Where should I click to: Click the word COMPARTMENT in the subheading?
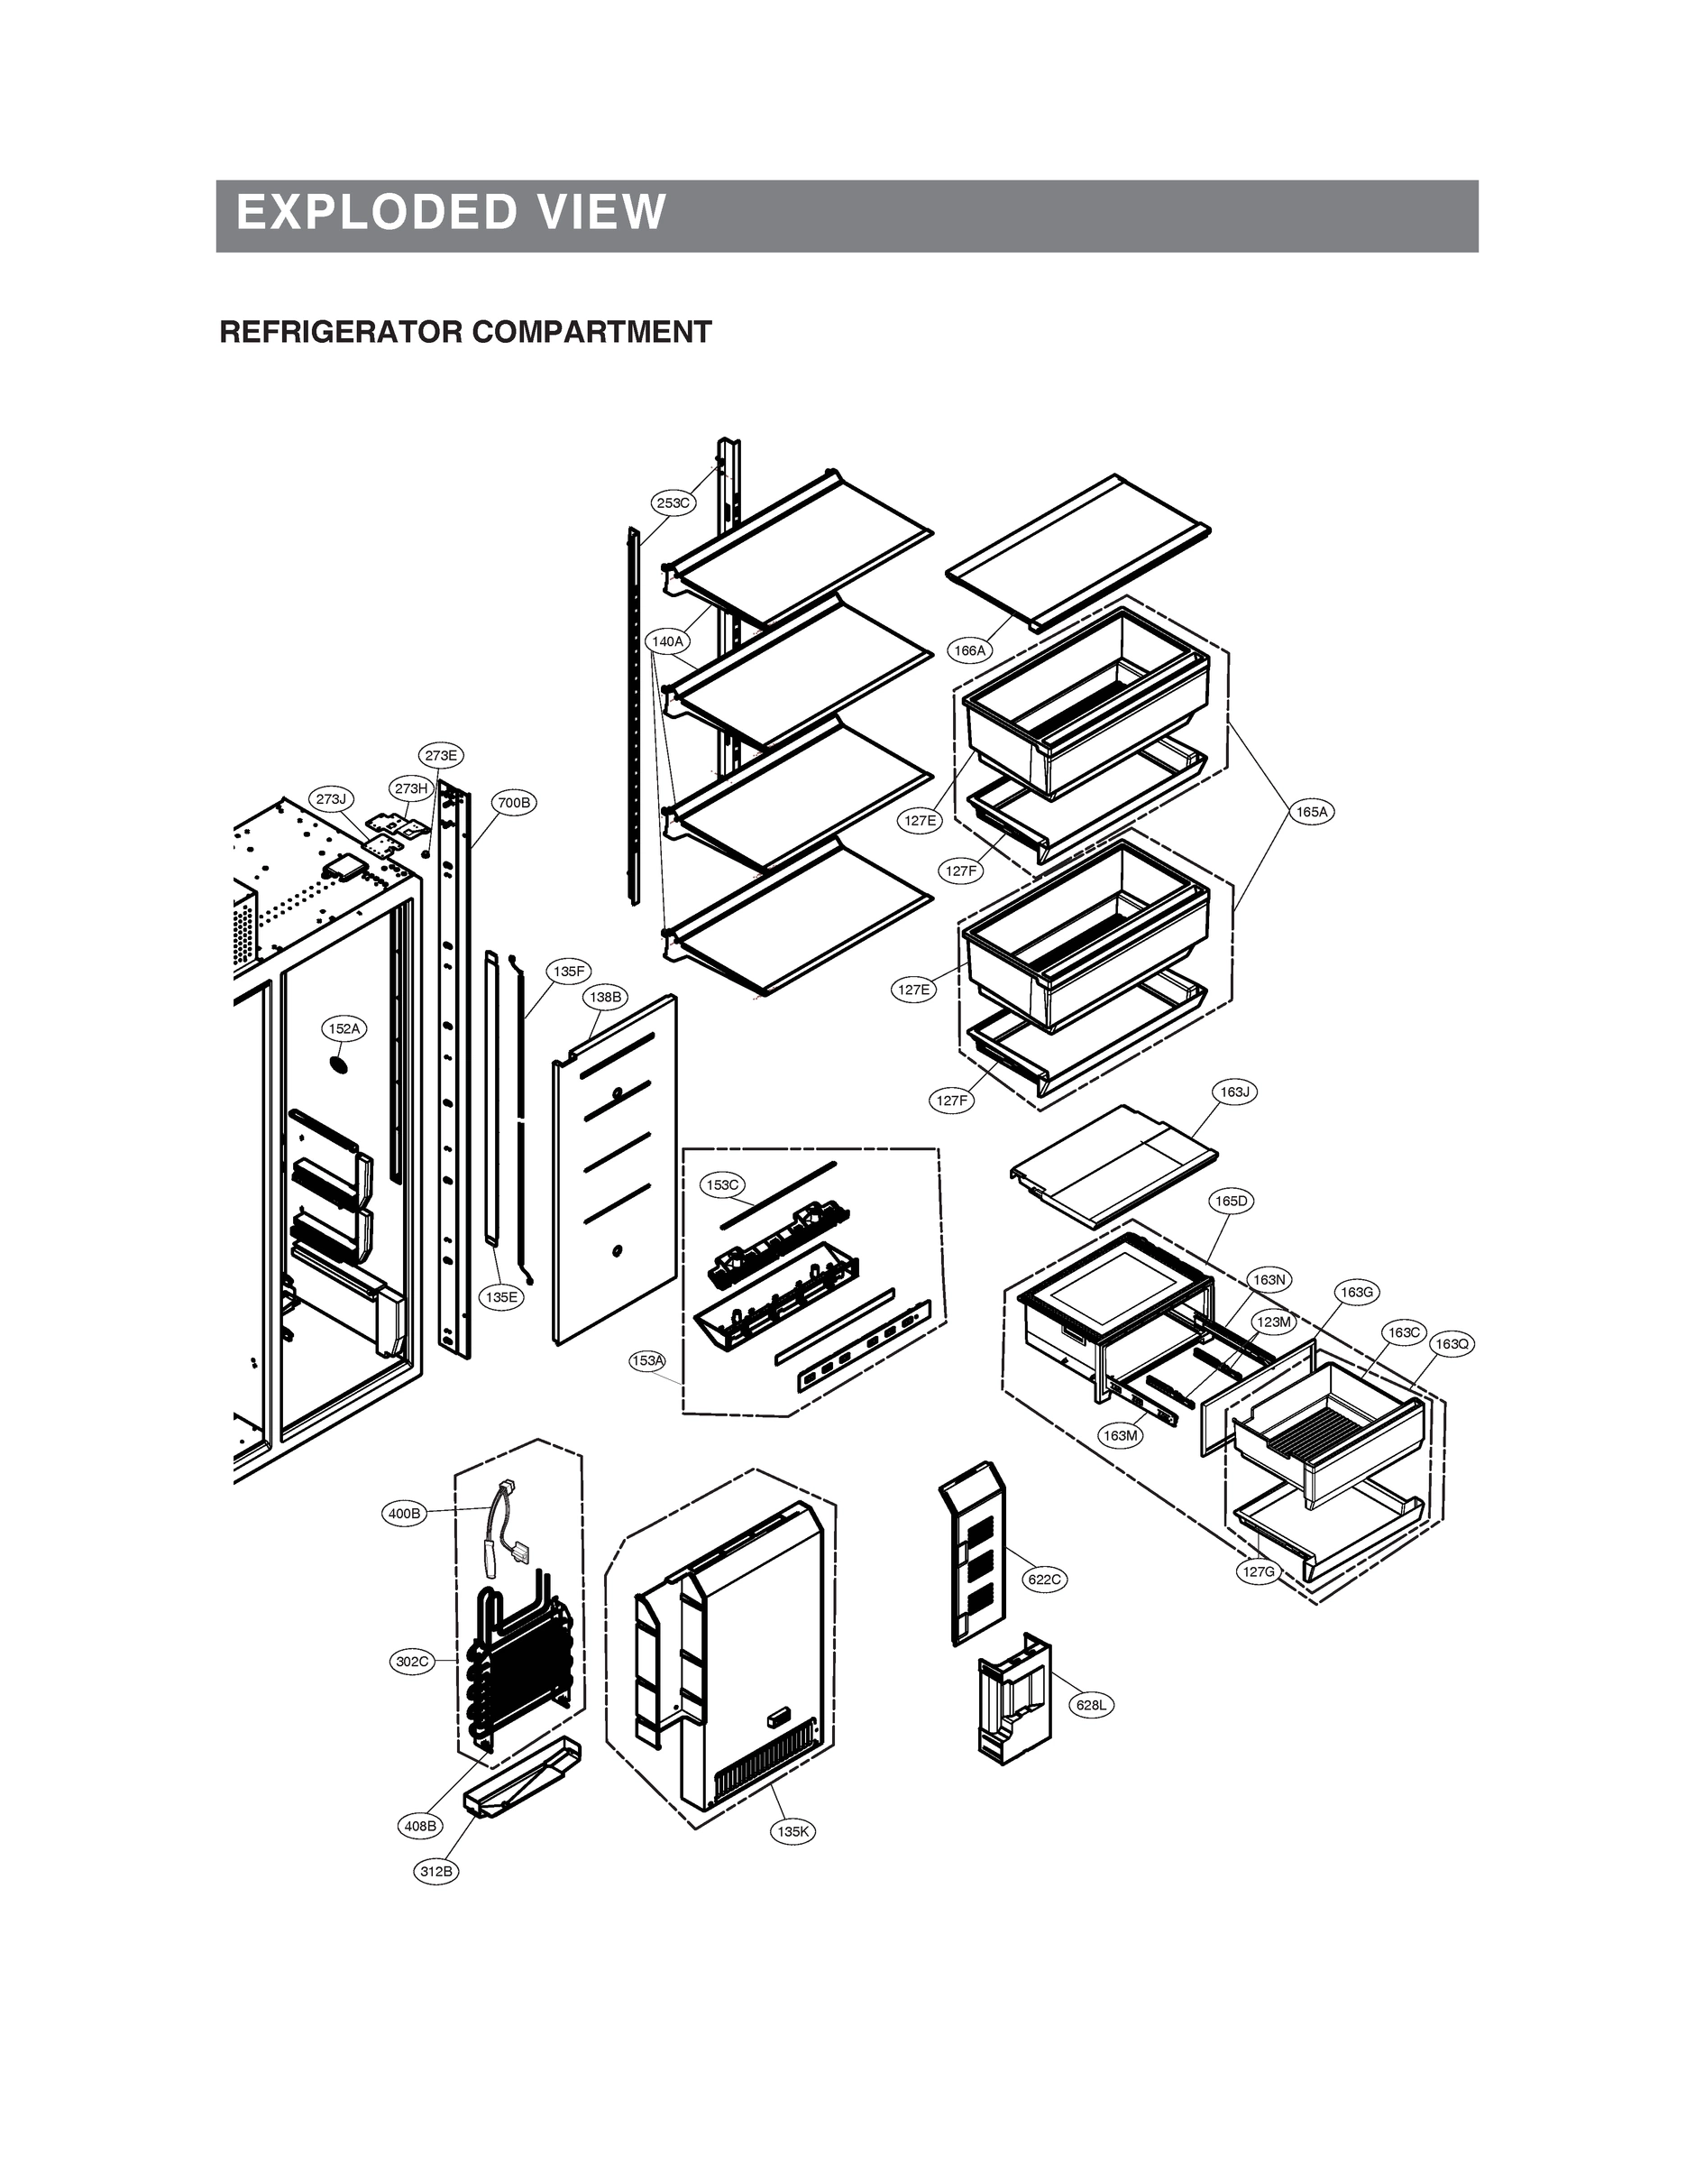pyautogui.click(x=591, y=333)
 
